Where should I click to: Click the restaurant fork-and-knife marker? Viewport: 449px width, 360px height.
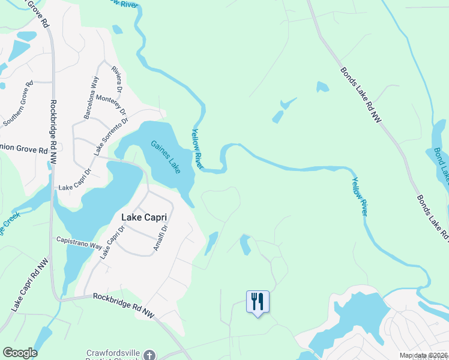(258, 301)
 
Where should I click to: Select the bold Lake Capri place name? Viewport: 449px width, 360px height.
(143, 217)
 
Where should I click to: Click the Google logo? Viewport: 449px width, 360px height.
(20, 353)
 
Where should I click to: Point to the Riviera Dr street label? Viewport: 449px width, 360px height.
(117, 77)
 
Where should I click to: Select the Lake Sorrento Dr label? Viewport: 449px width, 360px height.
(111, 137)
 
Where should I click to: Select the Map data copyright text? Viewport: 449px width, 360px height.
(423, 356)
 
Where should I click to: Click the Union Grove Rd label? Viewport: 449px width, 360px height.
(23, 149)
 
